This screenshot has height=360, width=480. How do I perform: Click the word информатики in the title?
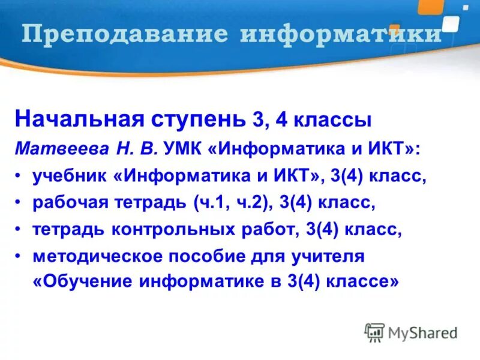click(340, 34)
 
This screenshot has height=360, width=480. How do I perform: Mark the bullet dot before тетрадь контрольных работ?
click(19, 230)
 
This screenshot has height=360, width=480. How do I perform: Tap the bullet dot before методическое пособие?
click(19, 257)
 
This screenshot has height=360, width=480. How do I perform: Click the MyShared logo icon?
click(375, 332)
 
